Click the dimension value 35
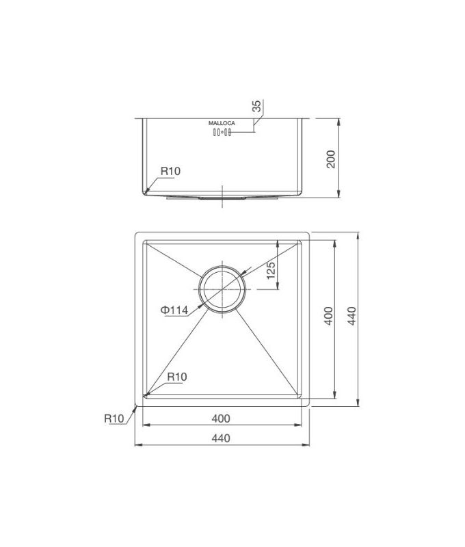pyautogui.click(x=256, y=107)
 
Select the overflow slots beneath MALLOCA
pyautogui.click(x=222, y=133)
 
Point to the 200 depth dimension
pyautogui.click(x=331, y=159)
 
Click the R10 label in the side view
pyautogui.click(x=170, y=171)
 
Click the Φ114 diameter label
pyautogui.click(x=174, y=310)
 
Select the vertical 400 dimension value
pyautogui.click(x=328, y=317)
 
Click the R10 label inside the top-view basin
pyautogui.click(x=176, y=376)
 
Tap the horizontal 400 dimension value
pyautogui.click(x=221, y=418)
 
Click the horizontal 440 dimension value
pyautogui.click(x=221, y=438)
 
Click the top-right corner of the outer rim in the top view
pyautogui.click(x=310, y=233)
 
